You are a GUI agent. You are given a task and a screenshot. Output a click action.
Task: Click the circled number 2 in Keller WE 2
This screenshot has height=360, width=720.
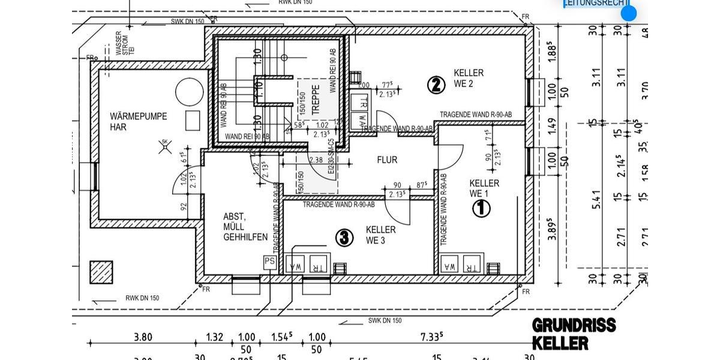[436, 85]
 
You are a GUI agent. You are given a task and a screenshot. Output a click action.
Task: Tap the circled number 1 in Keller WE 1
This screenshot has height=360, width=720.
[482, 208]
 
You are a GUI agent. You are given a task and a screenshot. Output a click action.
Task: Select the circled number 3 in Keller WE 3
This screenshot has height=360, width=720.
[343, 238]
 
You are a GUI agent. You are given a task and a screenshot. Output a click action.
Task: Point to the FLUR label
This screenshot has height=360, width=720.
[387, 160]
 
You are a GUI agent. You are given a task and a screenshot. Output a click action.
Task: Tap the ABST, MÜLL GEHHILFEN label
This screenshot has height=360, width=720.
[245, 227]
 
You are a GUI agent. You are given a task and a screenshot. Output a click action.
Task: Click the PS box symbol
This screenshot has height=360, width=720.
[270, 262]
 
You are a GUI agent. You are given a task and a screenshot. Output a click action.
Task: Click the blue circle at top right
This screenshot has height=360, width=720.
[628, 13]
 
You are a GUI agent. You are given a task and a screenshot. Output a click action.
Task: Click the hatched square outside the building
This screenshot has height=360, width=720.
[101, 272]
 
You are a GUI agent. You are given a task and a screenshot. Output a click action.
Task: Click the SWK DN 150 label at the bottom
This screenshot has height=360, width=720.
[385, 321]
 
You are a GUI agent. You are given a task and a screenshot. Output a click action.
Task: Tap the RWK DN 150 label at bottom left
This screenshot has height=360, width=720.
[142, 298]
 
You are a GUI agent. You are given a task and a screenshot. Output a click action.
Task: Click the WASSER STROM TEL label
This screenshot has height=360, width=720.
[118, 44]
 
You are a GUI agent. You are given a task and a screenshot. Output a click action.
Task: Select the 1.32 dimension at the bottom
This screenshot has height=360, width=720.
[215, 337]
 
